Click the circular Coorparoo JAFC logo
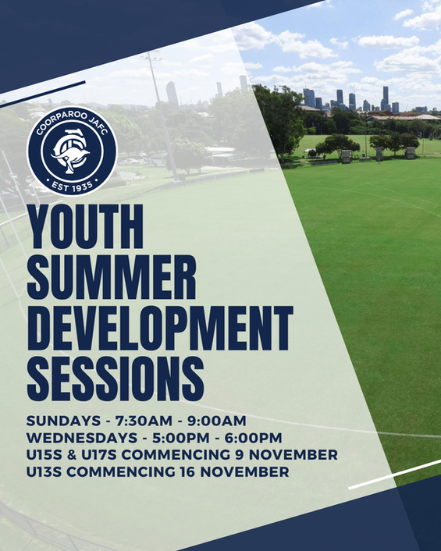[72, 151]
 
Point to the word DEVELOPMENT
[159, 330]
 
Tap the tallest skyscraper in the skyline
[385, 98]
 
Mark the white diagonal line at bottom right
[394, 475]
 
